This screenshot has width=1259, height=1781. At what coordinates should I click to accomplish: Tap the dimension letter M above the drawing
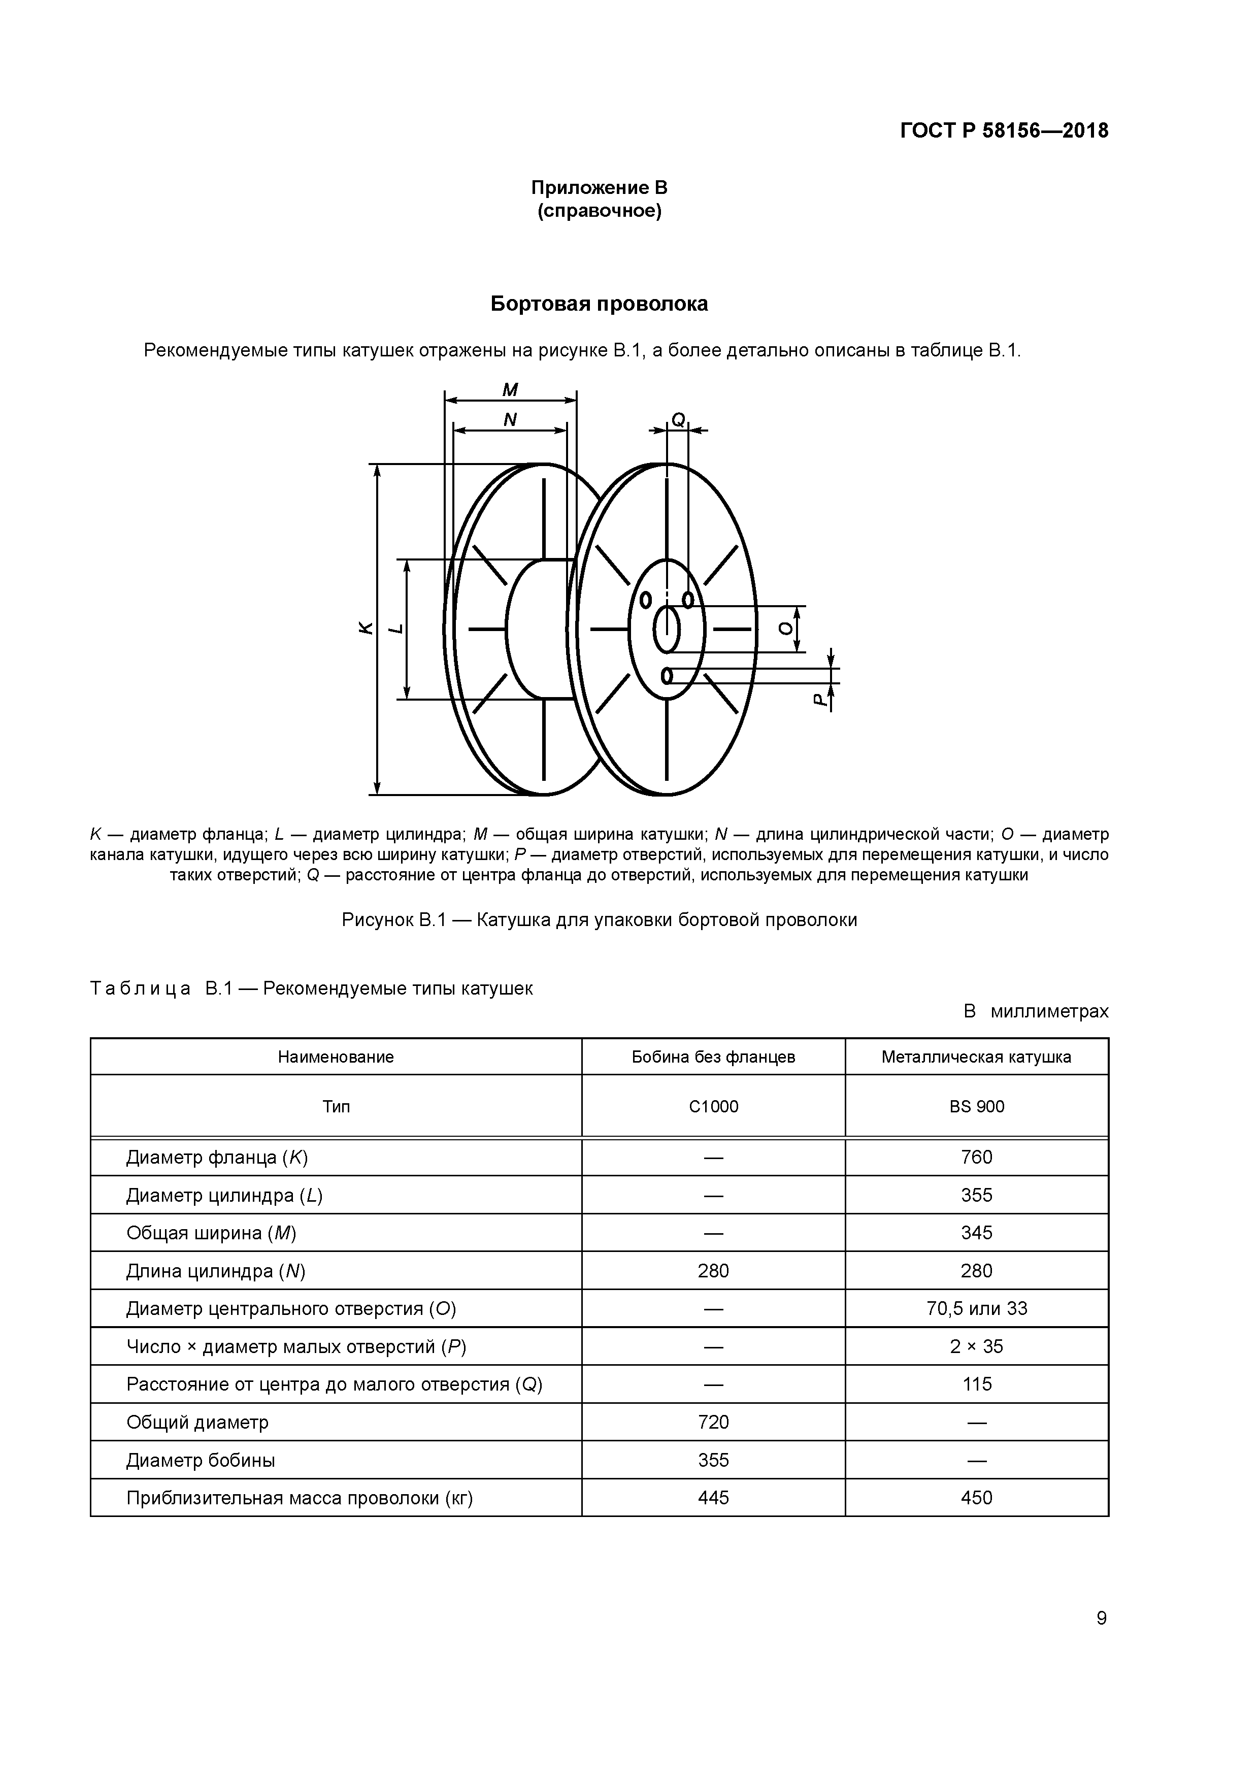click(510, 390)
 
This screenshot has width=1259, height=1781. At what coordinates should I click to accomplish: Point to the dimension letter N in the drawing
click(510, 420)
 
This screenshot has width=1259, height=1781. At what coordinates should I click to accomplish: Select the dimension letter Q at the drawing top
click(678, 420)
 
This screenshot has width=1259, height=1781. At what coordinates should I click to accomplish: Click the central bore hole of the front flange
click(667, 630)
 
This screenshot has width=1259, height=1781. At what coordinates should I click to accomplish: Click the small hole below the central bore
click(667, 676)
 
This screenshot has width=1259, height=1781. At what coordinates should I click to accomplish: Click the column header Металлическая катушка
click(976, 1057)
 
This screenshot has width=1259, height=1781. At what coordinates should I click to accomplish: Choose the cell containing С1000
click(713, 1106)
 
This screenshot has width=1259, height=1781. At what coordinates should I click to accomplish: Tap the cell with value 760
click(976, 1158)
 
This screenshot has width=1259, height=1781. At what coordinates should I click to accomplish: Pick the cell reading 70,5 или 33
click(976, 1309)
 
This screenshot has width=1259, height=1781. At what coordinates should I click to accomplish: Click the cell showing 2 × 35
click(976, 1346)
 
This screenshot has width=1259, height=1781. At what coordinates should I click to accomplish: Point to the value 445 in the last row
click(713, 1498)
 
